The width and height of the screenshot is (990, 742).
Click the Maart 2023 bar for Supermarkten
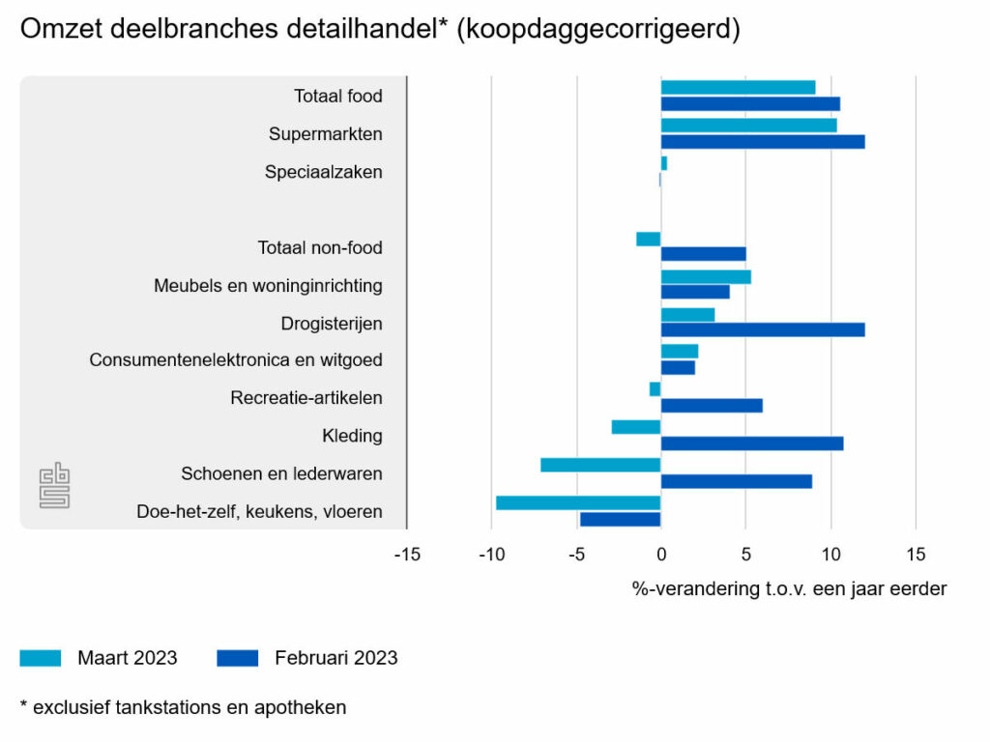[748, 126]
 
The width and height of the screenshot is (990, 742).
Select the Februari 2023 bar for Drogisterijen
[762, 329]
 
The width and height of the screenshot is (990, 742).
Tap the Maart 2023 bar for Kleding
[636, 427]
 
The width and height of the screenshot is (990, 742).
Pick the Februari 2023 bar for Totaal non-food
[703, 254]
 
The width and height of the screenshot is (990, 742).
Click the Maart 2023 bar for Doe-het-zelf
[578, 502]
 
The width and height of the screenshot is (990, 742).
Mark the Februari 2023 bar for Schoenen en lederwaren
[736, 481]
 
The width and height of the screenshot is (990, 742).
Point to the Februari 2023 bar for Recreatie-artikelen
[711, 406]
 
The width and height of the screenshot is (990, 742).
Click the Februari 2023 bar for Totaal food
[750, 103]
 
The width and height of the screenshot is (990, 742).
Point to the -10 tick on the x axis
[492, 555]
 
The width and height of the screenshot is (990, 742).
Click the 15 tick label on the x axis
[916, 555]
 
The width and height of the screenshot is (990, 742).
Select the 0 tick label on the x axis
[661, 555]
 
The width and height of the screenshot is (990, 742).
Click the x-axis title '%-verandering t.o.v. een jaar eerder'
[789, 588]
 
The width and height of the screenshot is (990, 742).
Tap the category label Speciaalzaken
[324, 172]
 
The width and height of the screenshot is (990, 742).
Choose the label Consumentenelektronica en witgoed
[236, 360]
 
